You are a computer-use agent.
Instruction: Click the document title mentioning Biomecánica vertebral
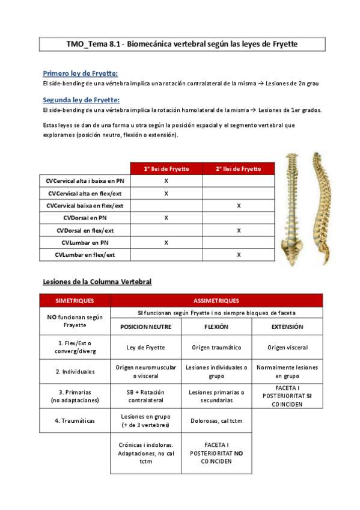click(x=182, y=45)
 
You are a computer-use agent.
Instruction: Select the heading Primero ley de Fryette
click(x=81, y=73)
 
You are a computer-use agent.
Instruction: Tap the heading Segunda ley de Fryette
click(x=81, y=100)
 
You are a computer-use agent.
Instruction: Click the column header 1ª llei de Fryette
click(x=166, y=168)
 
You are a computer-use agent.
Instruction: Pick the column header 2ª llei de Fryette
click(x=239, y=168)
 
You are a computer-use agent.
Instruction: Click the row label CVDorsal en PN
click(x=85, y=218)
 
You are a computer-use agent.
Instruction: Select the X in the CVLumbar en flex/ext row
click(x=239, y=255)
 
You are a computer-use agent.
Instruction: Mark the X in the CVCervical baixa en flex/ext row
click(x=239, y=206)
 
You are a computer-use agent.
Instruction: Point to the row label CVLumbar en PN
click(x=85, y=242)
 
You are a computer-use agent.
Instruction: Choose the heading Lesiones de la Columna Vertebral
click(x=97, y=281)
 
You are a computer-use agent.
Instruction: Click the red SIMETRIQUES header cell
click(x=75, y=300)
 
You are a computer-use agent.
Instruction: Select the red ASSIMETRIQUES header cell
click(x=216, y=300)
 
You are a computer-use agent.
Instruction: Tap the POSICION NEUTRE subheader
click(x=146, y=327)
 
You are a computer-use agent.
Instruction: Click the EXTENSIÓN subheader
click(x=287, y=327)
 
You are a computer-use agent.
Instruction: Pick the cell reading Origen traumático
click(x=216, y=347)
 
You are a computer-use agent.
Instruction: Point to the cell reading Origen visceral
click(x=287, y=347)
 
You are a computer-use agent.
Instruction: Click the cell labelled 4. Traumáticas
click(x=75, y=420)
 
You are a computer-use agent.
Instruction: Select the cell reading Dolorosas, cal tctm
click(x=216, y=420)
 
